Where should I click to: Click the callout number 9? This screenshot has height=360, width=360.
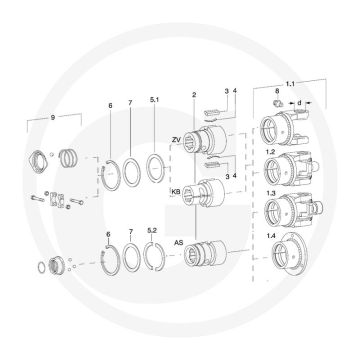[x=53, y=117]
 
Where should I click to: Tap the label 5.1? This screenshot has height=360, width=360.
[x=155, y=100]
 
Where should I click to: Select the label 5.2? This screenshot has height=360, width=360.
[x=152, y=231]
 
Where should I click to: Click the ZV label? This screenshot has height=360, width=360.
[x=176, y=140]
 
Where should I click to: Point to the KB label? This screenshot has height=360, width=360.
[x=176, y=192]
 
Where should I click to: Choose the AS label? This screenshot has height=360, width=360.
[x=179, y=243]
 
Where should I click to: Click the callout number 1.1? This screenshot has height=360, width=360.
[x=290, y=84]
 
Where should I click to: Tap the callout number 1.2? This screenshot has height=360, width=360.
[x=270, y=152]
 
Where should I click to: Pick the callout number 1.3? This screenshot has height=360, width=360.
[x=270, y=193]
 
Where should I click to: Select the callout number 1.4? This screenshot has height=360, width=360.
[x=271, y=236]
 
